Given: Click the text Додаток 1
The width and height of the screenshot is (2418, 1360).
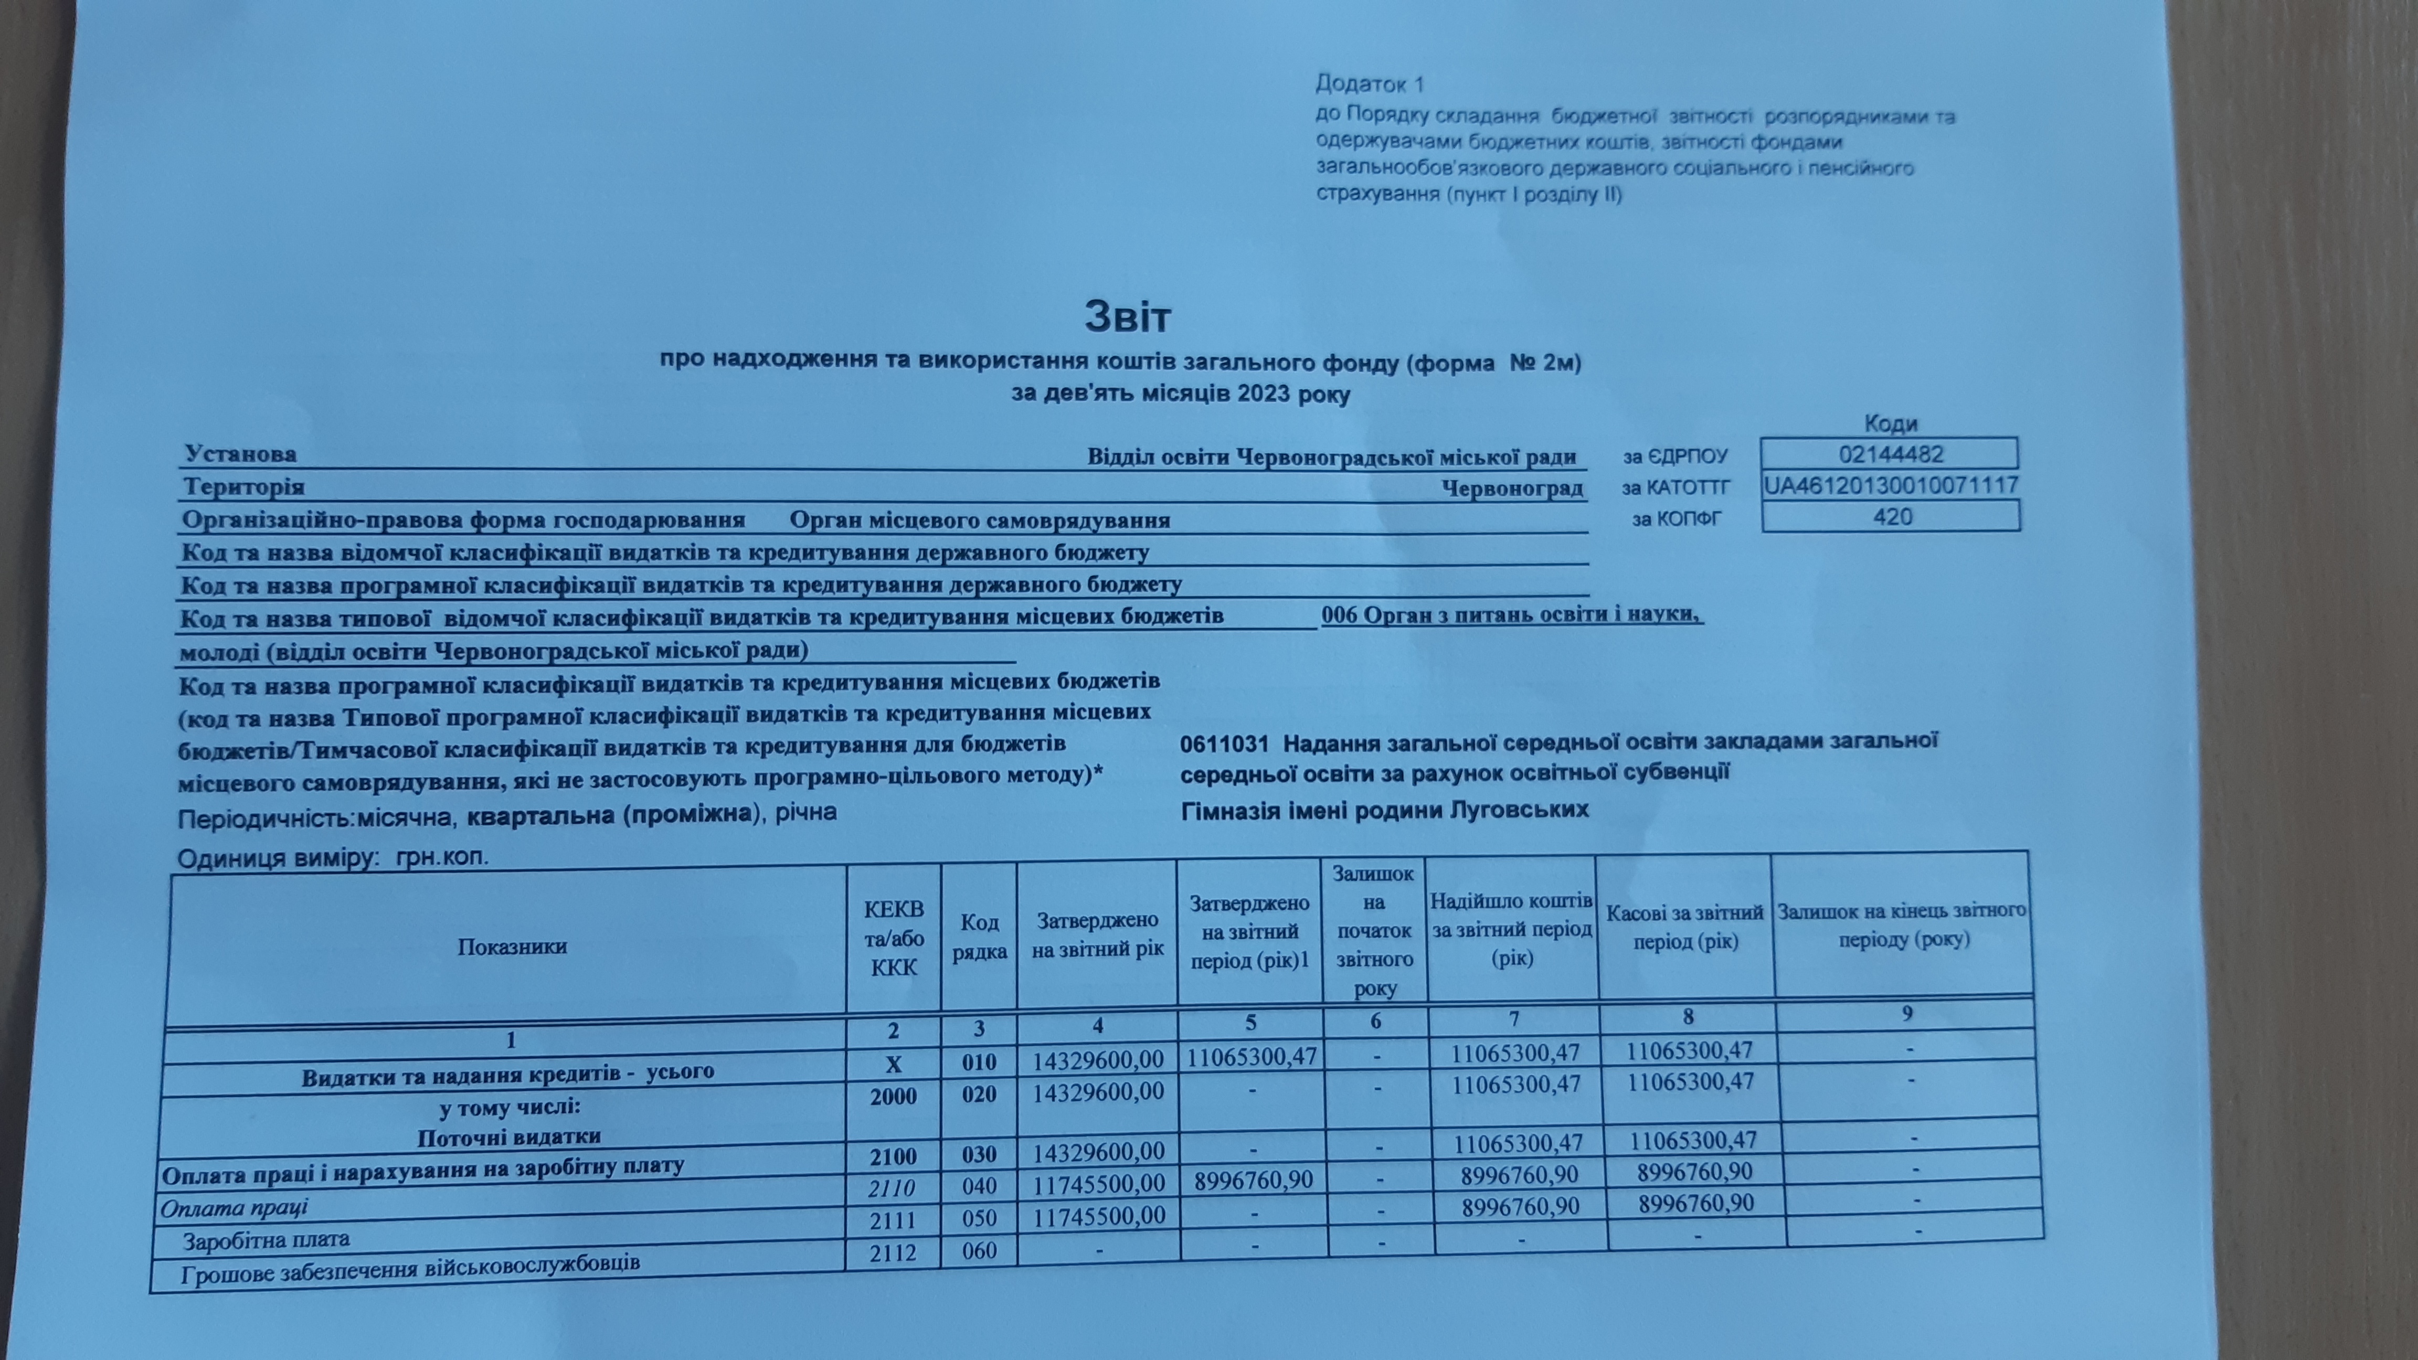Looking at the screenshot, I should [1370, 84].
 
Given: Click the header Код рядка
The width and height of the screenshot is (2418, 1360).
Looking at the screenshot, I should [979, 937].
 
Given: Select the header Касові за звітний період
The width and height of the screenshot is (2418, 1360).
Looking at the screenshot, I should [1685, 927].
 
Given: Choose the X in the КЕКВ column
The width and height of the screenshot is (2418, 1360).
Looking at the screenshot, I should [893, 1064].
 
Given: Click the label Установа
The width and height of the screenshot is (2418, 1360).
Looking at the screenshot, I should [240, 454].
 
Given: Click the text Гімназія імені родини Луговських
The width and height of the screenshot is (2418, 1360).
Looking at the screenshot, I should [1385, 810].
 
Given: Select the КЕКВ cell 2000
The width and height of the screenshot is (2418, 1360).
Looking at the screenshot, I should [893, 1096].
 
